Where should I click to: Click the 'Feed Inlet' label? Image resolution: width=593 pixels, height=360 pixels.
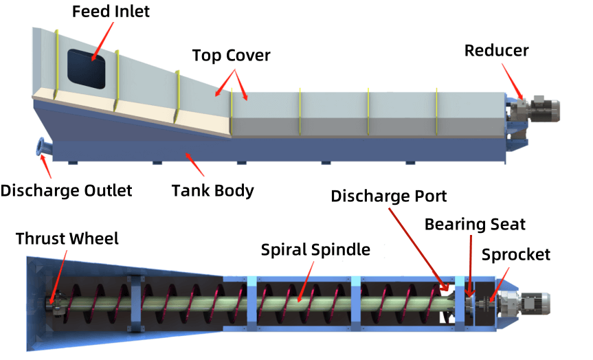click(x=111, y=11)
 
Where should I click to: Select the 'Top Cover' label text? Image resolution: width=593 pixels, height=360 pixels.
click(x=231, y=55)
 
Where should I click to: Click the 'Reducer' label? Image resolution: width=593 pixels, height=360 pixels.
click(x=496, y=50)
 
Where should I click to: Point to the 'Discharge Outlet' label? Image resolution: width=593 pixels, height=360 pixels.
click(x=66, y=190)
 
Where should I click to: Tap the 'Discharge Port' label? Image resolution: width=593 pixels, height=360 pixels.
click(x=389, y=196)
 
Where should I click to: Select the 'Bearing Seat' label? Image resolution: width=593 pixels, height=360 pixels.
click(x=475, y=224)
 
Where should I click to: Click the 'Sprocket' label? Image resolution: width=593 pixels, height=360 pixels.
click(x=515, y=255)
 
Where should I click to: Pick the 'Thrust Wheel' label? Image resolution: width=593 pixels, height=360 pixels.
click(x=67, y=238)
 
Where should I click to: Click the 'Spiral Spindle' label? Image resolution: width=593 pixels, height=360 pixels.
click(x=315, y=249)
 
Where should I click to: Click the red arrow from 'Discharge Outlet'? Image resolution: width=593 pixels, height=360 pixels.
click(x=48, y=165)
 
